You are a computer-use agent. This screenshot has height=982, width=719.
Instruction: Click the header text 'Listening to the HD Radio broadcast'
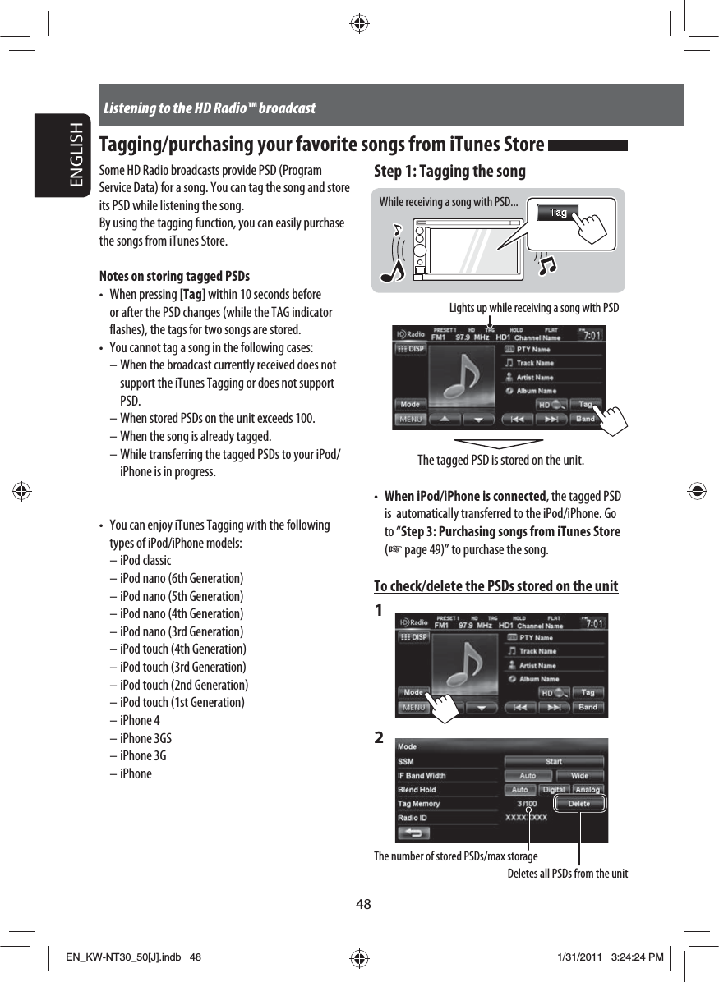tap(210, 108)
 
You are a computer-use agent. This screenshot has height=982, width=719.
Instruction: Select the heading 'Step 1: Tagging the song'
tap(449, 172)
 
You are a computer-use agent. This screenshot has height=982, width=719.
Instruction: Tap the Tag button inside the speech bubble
tap(559, 213)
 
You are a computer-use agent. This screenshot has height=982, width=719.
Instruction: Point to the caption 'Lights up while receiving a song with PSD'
tap(534, 308)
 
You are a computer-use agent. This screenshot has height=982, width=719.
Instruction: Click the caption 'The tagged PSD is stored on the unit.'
tap(501, 460)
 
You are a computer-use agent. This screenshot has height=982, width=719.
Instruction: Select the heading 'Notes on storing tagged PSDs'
tap(174, 276)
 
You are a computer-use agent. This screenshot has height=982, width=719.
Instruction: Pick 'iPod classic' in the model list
tap(145, 561)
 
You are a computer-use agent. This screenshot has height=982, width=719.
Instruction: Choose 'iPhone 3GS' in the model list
tap(145, 738)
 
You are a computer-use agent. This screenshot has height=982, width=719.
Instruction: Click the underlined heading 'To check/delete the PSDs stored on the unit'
tap(496, 586)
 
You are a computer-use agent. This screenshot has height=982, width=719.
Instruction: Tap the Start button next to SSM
tap(555, 762)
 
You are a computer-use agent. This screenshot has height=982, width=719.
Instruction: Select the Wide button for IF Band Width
tap(580, 776)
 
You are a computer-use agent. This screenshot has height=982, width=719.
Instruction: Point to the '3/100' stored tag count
tap(528, 804)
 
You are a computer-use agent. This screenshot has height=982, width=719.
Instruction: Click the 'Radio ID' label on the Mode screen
tap(413, 818)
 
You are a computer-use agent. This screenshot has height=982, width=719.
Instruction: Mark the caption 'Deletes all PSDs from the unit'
tap(567, 874)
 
